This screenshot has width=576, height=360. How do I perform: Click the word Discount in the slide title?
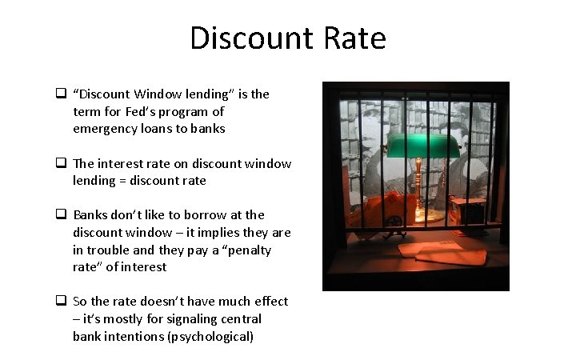[x=243, y=38]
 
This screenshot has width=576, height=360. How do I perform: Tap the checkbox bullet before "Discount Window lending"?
[x=60, y=94]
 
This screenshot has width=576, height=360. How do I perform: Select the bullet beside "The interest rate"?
[x=60, y=163]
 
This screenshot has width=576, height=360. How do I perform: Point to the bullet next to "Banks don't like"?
[x=60, y=214]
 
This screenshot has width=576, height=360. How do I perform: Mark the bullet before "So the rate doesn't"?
[x=60, y=301]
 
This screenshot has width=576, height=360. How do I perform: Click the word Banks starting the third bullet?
[x=90, y=214]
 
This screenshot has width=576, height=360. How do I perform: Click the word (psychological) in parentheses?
[x=211, y=337]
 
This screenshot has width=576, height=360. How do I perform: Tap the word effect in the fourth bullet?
[x=270, y=302]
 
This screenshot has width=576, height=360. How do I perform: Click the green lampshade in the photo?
[x=416, y=145]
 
